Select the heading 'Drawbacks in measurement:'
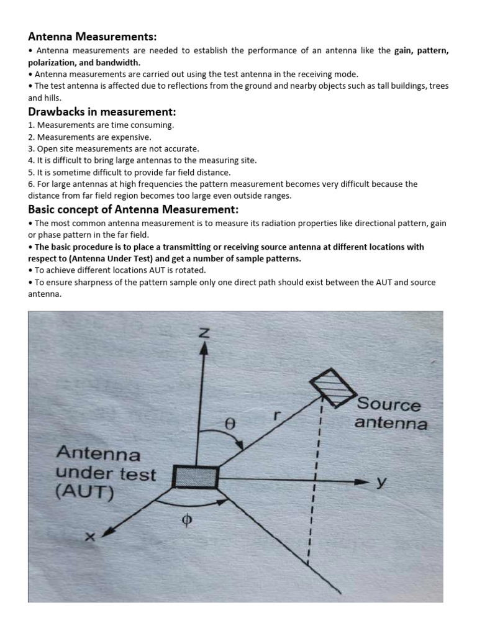pyautogui.click(x=102, y=112)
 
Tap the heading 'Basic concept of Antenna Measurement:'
pyautogui.click(x=134, y=209)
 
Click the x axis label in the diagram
pyautogui.click(x=90, y=537)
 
